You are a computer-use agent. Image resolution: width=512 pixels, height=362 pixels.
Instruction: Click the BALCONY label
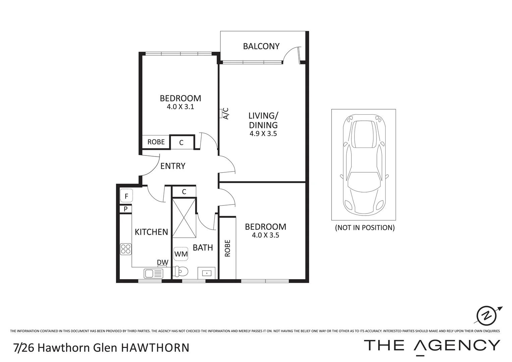pos(261,46)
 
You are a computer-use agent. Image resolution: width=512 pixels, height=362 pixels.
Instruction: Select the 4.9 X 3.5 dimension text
pos(263,134)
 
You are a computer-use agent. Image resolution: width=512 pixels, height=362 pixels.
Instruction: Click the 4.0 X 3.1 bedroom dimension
pos(180,107)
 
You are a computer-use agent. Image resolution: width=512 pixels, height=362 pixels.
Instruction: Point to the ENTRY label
pos(173,166)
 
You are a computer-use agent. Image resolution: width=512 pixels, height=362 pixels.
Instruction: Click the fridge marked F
pos(126,196)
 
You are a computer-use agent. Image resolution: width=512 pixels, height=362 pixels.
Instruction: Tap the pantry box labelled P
pos(126,209)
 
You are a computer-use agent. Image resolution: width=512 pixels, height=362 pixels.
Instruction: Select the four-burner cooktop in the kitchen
pos(126,249)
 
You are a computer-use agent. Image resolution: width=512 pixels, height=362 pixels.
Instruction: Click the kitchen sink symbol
pos(153,274)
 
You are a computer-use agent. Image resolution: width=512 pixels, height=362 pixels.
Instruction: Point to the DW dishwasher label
pos(163,262)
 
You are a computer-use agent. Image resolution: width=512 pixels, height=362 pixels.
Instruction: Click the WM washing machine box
pos(181,254)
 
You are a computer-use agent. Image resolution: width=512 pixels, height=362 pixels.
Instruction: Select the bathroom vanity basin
pos(207,273)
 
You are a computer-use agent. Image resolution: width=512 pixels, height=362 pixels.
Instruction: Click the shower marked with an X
pos(184,217)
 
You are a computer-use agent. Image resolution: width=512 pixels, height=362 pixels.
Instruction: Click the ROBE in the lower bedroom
pos(228,248)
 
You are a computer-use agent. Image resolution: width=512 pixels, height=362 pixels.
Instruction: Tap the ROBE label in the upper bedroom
pos(156,142)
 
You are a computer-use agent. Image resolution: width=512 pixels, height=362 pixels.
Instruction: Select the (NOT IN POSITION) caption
pos(365,228)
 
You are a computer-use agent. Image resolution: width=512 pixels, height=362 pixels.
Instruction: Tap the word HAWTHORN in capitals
pos(155,348)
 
